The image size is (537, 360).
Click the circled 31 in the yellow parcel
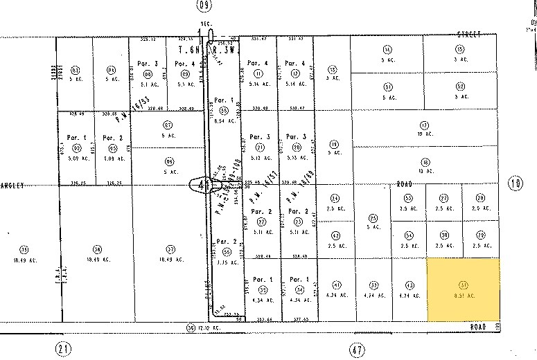(x=462, y=285)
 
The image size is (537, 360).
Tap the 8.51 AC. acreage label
(x=462, y=296)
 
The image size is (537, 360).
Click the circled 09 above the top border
(x=203, y=6)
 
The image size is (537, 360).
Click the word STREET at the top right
(x=469, y=33)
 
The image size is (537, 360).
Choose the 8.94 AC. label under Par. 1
(x=222, y=120)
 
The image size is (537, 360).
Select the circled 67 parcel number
(x=166, y=125)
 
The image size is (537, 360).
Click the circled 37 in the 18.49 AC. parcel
(x=170, y=249)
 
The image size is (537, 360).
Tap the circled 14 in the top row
(x=387, y=49)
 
